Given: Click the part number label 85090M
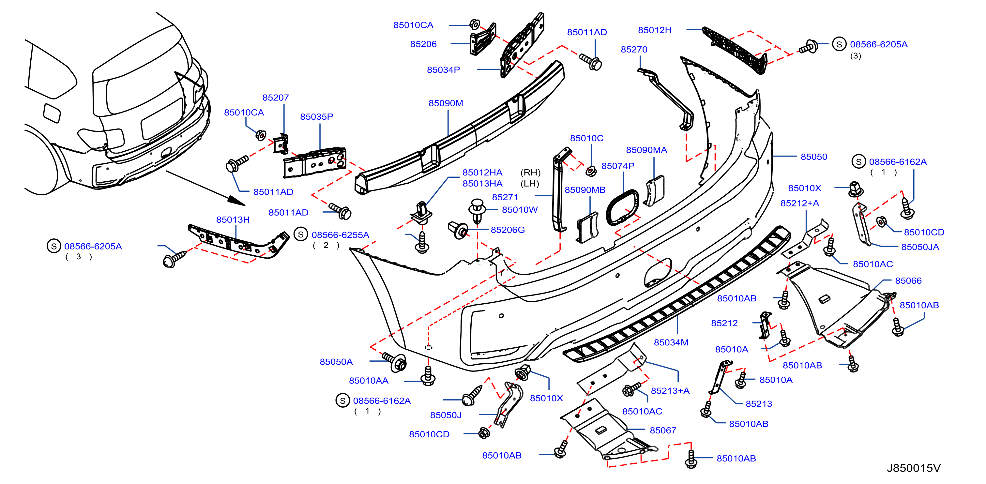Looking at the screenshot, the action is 446,103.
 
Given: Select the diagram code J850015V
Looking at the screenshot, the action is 913,468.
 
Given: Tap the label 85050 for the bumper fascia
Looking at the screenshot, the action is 814,157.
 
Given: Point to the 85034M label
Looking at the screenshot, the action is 671,342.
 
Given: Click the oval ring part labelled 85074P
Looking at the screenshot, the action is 623,208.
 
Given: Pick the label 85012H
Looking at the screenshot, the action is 655,30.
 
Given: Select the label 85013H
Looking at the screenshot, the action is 233,219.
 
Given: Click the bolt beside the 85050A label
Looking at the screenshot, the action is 395,361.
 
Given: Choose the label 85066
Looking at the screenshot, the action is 908,281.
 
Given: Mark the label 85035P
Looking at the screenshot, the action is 317,117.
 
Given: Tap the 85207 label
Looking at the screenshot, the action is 276,98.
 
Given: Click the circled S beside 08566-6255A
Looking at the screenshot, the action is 301,234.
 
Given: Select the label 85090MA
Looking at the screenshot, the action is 646,150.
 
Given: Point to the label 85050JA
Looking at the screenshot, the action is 920,247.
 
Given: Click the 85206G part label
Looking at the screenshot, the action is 508,230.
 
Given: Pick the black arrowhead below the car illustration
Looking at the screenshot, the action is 237,201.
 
